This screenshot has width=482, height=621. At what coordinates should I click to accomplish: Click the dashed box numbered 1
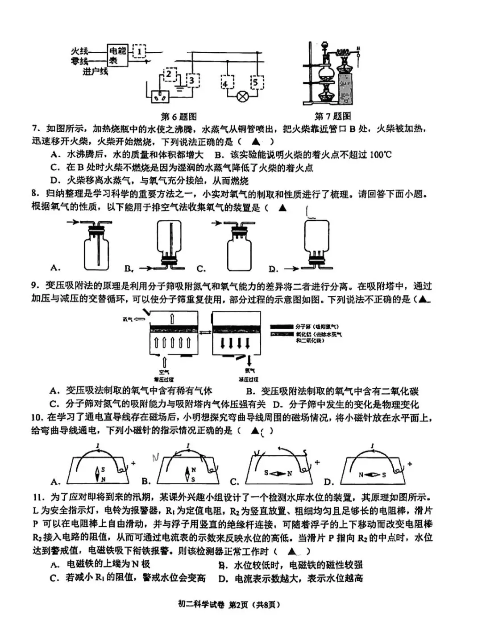click(x=139, y=52)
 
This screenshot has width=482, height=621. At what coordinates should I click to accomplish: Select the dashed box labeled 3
click(x=192, y=80)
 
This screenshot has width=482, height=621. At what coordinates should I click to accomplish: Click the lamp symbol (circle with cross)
click(x=242, y=97)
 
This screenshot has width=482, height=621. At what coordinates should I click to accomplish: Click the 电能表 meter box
click(x=117, y=55)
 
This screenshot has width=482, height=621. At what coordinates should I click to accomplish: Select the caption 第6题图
click(x=179, y=117)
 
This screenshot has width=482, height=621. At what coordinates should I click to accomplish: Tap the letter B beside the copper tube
click(x=358, y=49)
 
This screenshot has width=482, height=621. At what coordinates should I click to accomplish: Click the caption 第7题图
click(x=332, y=117)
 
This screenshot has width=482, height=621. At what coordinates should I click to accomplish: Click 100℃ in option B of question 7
click(x=381, y=155)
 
